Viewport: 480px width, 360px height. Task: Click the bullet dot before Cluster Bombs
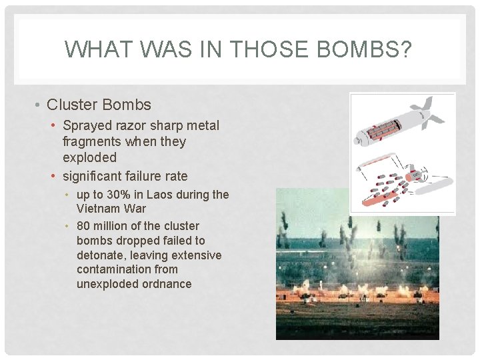tap(39, 105)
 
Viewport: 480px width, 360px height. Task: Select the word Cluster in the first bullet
tap(72, 105)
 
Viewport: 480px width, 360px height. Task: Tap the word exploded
tap(89, 157)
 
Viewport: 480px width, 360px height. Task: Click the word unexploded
tap(106, 284)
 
